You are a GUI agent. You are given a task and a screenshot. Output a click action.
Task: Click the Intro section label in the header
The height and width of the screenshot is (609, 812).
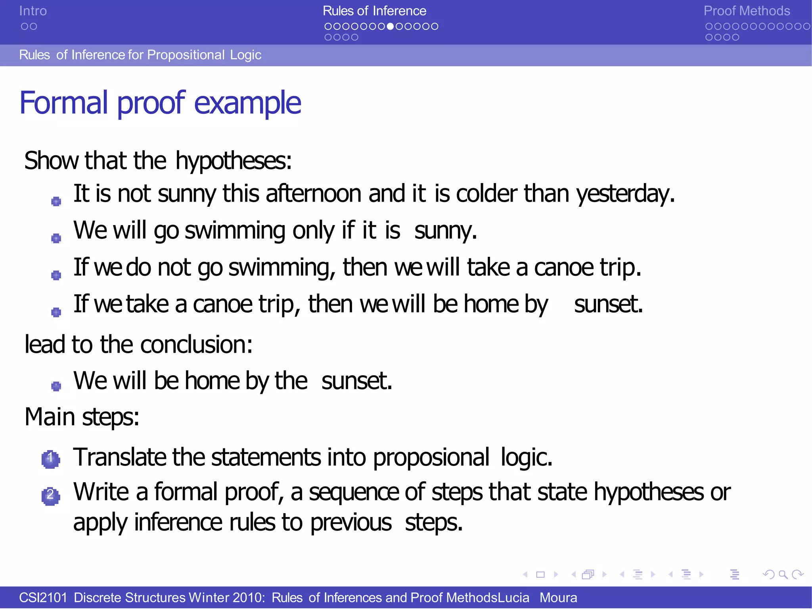[x=33, y=11]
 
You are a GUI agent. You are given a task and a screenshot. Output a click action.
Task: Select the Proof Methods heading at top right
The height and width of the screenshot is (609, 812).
[x=747, y=11]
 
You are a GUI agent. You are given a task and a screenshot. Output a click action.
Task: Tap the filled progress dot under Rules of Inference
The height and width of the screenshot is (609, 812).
[x=391, y=27]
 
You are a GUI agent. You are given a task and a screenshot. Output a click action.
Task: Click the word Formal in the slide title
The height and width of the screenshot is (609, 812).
[x=63, y=103]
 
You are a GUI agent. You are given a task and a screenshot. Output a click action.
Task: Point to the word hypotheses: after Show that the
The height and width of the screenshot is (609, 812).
[x=233, y=160]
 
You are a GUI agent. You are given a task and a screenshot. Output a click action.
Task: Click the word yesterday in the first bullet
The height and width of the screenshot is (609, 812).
[x=625, y=194]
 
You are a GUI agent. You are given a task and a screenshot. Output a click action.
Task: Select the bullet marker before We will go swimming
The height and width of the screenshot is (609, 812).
[x=56, y=238]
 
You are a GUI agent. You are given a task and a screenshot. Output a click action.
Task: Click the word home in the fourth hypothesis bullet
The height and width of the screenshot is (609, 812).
[x=491, y=304]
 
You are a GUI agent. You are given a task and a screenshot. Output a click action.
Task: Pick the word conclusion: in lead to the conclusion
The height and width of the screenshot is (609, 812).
[x=196, y=344]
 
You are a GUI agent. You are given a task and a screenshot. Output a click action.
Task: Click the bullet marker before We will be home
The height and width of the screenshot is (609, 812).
[x=56, y=386]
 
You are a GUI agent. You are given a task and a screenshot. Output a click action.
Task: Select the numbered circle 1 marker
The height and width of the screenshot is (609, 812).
[x=50, y=459]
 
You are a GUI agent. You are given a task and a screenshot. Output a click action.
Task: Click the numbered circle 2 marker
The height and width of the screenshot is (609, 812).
[x=50, y=495]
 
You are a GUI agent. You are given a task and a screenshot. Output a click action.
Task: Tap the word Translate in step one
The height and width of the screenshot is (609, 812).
[x=119, y=457]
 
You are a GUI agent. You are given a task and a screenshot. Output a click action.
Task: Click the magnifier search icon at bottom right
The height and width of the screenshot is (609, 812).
[x=783, y=574]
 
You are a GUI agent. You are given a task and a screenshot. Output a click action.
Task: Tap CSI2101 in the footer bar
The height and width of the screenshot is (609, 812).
[x=43, y=598]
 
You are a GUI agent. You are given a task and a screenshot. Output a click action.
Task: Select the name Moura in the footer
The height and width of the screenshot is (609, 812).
[x=558, y=598]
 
